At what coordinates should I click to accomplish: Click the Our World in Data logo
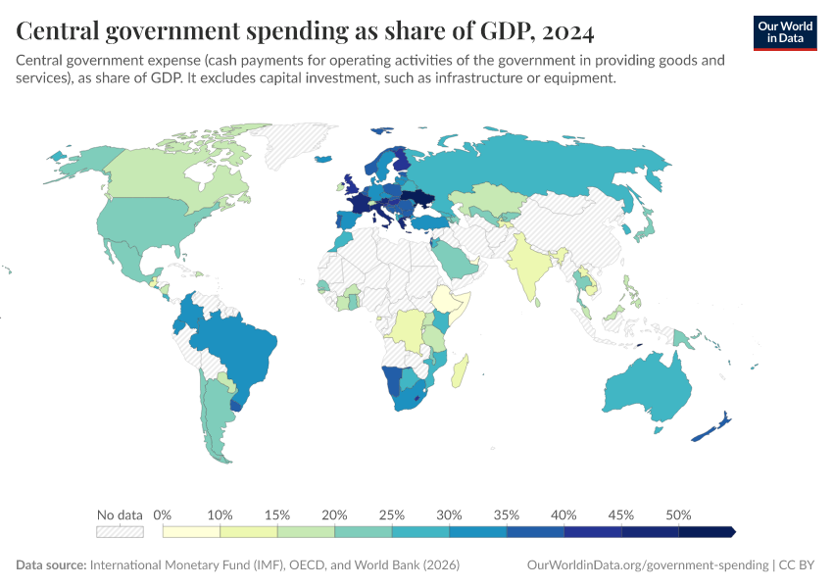tap(785, 32)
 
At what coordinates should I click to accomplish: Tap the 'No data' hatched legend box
tap(120, 531)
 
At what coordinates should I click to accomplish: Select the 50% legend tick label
tap(678, 514)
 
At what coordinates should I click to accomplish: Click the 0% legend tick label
tap(163, 514)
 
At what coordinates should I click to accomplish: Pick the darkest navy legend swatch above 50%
tap(706, 531)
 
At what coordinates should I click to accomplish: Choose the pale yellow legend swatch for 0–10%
tap(191, 531)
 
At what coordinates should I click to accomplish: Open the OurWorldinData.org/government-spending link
tap(648, 565)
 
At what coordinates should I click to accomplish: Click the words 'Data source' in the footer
tap(50, 565)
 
